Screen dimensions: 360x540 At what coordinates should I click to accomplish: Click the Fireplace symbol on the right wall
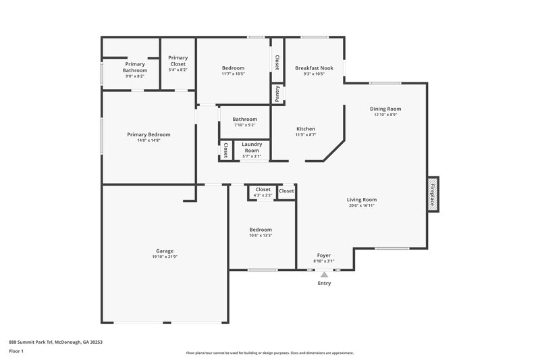click(x=433, y=195)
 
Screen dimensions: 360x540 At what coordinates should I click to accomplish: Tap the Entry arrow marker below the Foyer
click(x=324, y=274)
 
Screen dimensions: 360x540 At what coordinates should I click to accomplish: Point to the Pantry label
click(x=277, y=93)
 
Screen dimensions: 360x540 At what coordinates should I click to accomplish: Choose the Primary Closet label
click(x=178, y=61)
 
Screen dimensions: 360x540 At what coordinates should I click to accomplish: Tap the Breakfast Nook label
click(x=314, y=68)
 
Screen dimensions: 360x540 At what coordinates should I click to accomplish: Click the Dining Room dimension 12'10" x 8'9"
click(x=385, y=115)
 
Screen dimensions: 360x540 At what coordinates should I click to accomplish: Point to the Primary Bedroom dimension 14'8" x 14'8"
click(x=148, y=140)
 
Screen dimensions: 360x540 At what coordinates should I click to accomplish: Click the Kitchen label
click(x=306, y=129)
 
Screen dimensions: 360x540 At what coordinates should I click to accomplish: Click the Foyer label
click(x=323, y=255)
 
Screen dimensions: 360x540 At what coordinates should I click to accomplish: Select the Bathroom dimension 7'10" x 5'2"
click(x=245, y=125)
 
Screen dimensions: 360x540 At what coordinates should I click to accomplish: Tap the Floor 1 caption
click(x=16, y=351)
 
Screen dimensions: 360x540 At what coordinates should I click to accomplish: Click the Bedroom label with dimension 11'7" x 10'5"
click(x=233, y=68)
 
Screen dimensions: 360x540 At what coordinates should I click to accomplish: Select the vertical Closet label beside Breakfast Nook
click(x=277, y=62)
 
